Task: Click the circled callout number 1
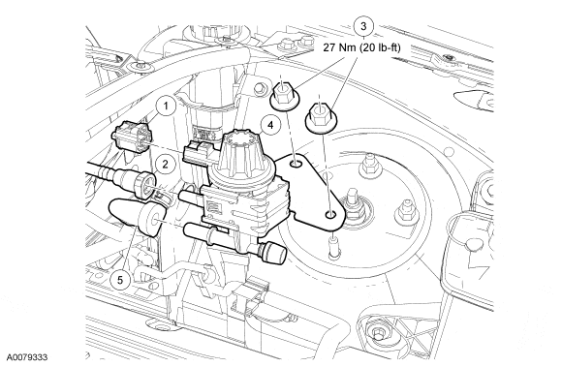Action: click(x=166, y=107)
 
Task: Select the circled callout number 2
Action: click(x=165, y=165)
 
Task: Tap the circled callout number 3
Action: click(x=363, y=26)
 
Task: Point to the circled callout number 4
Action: click(x=270, y=125)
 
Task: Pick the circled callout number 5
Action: click(x=120, y=280)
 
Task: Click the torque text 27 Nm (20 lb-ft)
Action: click(x=361, y=47)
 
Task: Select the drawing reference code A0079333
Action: click(x=27, y=357)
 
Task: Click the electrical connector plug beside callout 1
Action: click(x=132, y=137)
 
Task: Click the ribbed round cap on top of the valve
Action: click(x=241, y=150)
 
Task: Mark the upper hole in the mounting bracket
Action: click(x=297, y=164)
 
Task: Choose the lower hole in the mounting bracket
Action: click(x=330, y=214)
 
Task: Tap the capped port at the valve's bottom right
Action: click(x=272, y=253)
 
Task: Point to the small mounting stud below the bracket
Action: click(x=333, y=246)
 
